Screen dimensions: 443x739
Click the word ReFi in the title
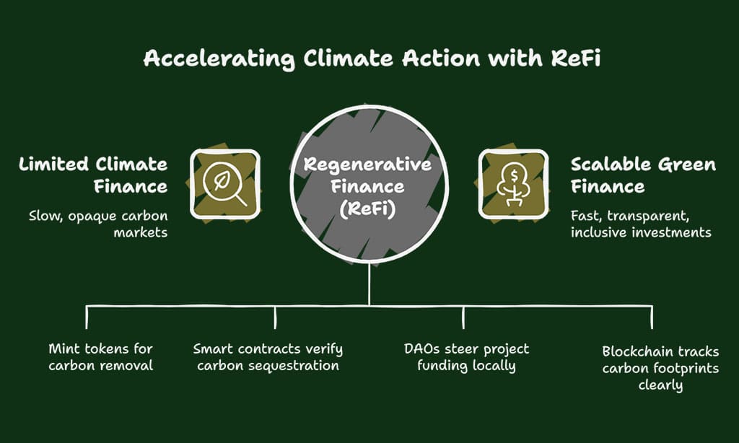pos(573,58)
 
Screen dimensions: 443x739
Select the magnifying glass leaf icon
pos(224,184)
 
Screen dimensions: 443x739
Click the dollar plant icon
pos(514,184)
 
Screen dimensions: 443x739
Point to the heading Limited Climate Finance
pos(93,175)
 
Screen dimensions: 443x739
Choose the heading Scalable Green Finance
pos(643,175)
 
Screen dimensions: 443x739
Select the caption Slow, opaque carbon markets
pos(98,223)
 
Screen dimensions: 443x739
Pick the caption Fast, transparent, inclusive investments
pos(641,223)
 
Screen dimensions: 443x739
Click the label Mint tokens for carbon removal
pos(100,357)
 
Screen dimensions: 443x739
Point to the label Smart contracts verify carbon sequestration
pos(268,357)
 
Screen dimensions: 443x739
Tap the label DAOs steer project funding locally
pos(466,357)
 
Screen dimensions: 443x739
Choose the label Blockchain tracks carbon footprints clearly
pos(660,368)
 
